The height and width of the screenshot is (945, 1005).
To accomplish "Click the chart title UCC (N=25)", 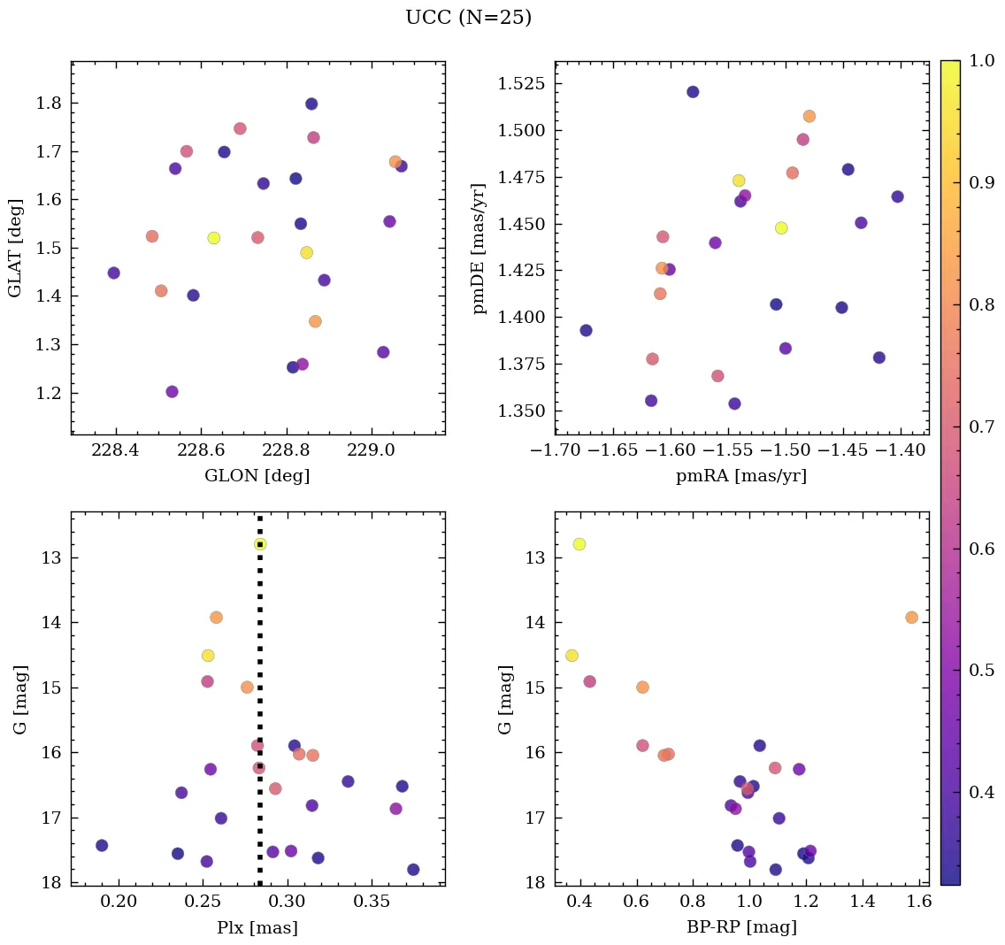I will (468, 18).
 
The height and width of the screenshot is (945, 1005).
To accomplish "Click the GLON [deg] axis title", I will (257, 476).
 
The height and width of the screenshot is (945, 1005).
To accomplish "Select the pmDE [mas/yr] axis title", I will (479, 248).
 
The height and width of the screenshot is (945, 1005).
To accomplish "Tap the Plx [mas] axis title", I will (257, 927).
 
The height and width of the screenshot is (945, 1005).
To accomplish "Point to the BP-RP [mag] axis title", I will (741, 927).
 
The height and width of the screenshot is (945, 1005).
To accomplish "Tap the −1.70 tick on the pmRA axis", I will (556, 450).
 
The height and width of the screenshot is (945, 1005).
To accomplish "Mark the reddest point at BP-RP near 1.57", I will (911, 618).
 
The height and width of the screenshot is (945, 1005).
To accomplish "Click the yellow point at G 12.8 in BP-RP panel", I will (579, 544).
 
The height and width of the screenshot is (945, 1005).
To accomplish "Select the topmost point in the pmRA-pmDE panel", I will (693, 92).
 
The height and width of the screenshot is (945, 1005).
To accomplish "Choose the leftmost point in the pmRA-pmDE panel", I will (586, 331).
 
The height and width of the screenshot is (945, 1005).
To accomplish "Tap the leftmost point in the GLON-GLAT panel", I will (113, 273).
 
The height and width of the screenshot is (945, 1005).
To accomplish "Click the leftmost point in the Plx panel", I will (102, 846).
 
